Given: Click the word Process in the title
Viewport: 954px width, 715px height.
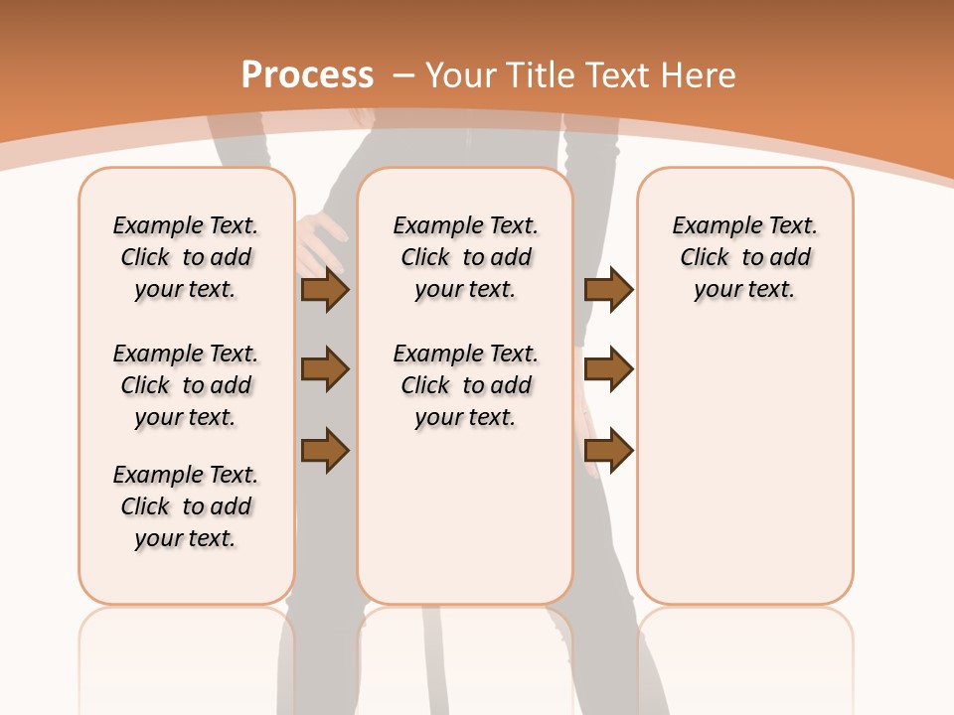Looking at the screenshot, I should tap(307, 74).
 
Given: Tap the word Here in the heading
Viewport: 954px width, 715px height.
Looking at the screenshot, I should tap(697, 74).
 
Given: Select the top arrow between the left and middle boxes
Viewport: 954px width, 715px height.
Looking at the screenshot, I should tap(325, 289).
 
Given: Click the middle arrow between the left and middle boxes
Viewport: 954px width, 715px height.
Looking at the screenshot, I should tap(325, 369).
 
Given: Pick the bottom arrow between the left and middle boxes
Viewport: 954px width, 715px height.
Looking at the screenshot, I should tap(325, 450).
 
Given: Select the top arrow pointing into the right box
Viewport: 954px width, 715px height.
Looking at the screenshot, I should tap(608, 289).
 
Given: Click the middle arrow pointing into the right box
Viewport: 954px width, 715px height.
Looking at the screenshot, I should tap(608, 369).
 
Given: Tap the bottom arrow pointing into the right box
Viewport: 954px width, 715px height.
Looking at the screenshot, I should tap(608, 450).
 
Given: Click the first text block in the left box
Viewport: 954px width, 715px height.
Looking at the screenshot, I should tap(186, 257).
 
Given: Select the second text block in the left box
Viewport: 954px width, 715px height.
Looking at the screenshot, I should tap(186, 385).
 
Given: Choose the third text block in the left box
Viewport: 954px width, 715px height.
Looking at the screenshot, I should tap(186, 506).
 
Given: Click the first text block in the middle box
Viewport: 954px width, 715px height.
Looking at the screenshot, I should tap(466, 257).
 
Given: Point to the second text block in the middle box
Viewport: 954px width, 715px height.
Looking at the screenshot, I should tap(466, 385).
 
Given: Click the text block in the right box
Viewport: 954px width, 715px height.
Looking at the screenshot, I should tap(745, 257).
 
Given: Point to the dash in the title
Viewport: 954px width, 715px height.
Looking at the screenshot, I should tap(403, 74).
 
